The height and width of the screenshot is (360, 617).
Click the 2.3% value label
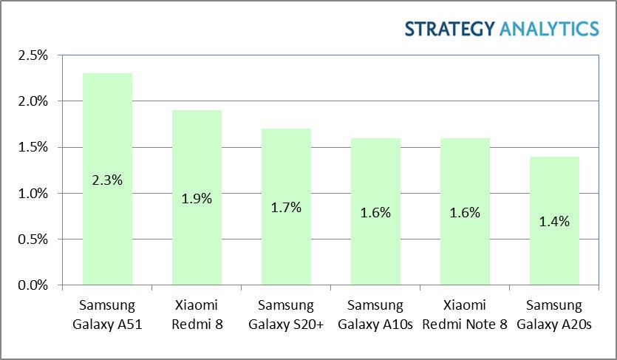pyautogui.click(x=107, y=180)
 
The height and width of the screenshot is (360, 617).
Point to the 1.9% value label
pyautogui.click(x=197, y=198)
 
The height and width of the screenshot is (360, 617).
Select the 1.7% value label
pyautogui.click(x=286, y=208)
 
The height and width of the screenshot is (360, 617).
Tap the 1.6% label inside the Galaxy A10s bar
pyautogui.click(x=375, y=212)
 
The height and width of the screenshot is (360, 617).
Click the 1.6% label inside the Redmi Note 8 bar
pyautogui.click(x=465, y=212)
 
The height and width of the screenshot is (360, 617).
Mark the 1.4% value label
pyautogui.click(x=554, y=221)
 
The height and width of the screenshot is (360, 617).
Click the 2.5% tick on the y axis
pyautogui.click(x=33, y=55)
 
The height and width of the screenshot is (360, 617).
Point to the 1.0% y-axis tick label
pyautogui.click(x=33, y=194)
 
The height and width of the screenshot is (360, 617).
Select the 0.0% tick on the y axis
pyautogui.click(x=33, y=285)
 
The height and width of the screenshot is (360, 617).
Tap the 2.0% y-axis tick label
pyautogui.click(x=33, y=101)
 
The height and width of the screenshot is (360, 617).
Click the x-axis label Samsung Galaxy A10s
pyautogui.click(x=375, y=315)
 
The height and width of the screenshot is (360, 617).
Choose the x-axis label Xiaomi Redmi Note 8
pyautogui.click(x=465, y=315)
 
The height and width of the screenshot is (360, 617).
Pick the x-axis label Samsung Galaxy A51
pyautogui.click(x=107, y=315)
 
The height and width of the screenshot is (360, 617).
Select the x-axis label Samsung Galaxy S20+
pyautogui.click(x=286, y=315)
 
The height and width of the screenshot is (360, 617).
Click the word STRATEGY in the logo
pyautogui.click(x=450, y=29)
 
